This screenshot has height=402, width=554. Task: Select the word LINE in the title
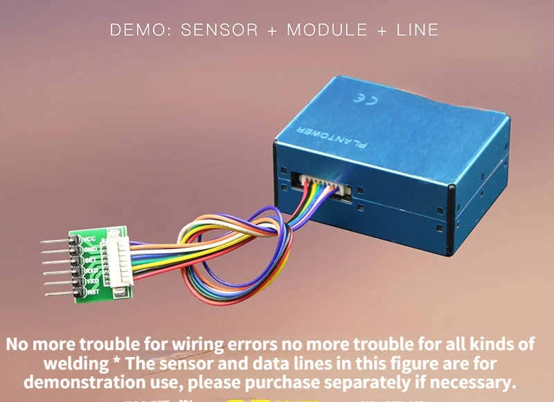[418, 30]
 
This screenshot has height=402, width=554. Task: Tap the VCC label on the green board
[89, 239]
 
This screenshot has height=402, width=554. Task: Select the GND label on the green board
[90, 249]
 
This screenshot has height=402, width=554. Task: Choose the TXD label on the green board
[92, 281]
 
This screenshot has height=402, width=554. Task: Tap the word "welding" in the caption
[75, 363]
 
